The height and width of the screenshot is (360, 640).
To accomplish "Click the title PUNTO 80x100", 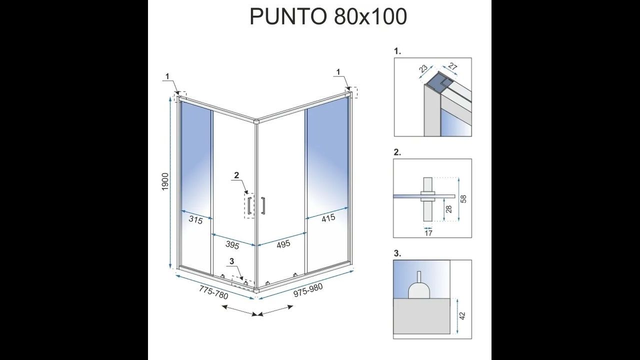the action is pos(328,16).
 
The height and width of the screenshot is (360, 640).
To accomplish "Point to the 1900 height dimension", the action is pos(165,181).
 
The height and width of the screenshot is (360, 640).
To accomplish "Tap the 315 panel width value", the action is pos(195,220).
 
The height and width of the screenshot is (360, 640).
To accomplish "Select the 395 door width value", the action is pos(232,245).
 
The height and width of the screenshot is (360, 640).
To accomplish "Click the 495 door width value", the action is pos(283,244).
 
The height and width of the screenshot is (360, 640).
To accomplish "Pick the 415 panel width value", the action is pos(328,218).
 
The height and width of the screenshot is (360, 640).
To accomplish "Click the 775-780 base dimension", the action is pos(213,292).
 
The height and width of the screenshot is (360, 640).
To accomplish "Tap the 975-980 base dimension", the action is pos(308,290).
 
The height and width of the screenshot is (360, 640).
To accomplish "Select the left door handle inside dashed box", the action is pos(249,205).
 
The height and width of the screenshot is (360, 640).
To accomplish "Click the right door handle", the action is pos(263,205).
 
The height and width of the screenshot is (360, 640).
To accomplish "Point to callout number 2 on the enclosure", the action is pos(236,175).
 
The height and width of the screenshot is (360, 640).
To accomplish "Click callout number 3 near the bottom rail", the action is pos(231,261).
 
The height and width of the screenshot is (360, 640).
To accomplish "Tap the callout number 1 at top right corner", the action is pos(338,72).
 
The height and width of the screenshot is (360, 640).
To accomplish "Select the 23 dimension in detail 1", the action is pos(423,68).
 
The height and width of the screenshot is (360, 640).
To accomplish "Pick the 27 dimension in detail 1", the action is pos(453,66).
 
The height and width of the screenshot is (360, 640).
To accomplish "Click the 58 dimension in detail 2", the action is pos(463,199).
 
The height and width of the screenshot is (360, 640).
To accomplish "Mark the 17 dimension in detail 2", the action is pos(428,233).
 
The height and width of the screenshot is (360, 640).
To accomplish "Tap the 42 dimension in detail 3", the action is pos(462,315).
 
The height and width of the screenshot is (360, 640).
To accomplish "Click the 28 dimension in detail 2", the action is pos(449,209).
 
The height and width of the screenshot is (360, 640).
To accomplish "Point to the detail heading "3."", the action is pos(397,253).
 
